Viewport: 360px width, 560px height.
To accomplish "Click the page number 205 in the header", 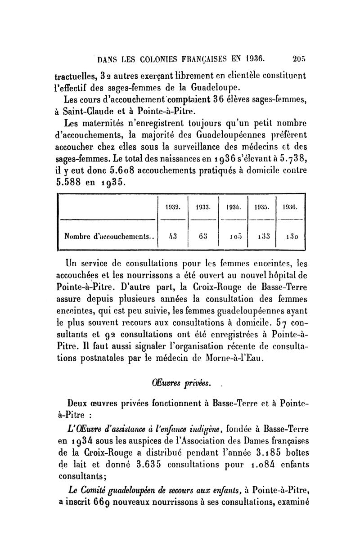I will tap(298, 58).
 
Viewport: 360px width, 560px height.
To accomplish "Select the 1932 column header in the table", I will tap(173, 208).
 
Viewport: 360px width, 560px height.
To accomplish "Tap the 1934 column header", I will tap(234, 208).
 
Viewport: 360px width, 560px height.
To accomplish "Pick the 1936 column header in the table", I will tap(291, 208).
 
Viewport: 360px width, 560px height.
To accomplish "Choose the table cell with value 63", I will tap(204, 235).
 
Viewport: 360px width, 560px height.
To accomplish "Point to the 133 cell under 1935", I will tap(263, 235).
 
